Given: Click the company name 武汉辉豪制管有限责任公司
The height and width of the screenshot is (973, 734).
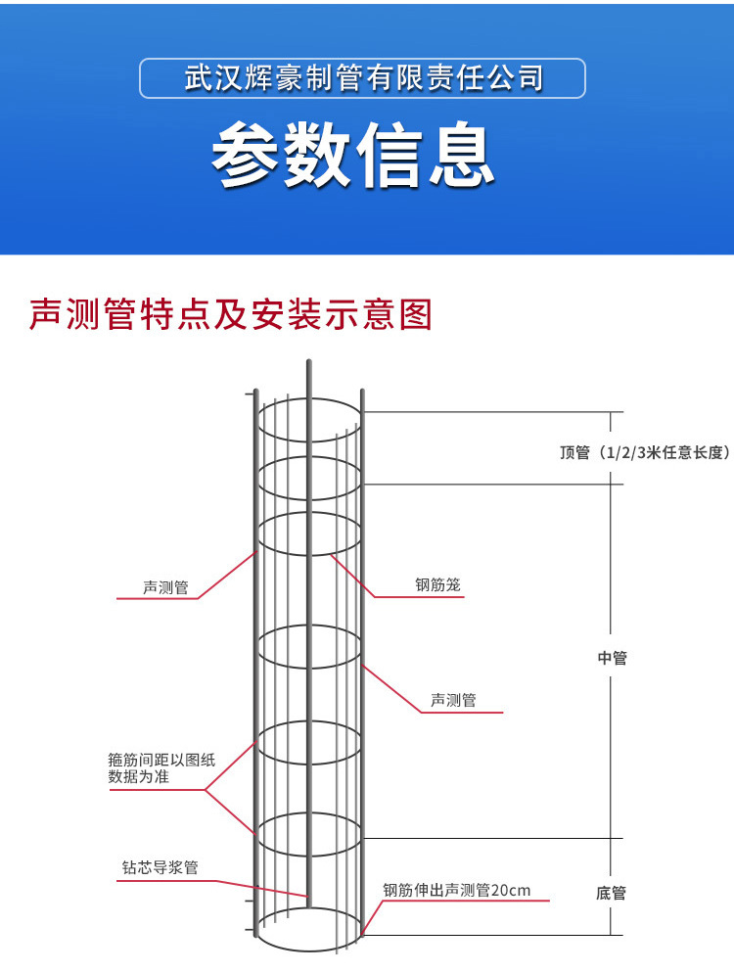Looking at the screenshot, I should click(x=363, y=78).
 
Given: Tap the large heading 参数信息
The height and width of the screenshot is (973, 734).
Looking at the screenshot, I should click(x=353, y=156).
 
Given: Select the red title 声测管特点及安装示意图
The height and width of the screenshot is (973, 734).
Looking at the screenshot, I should click(x=231, y=314).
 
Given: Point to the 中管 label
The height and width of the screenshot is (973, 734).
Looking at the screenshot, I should click(x=612, y=658).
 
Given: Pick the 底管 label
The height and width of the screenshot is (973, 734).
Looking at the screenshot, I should click(x=611, y=893).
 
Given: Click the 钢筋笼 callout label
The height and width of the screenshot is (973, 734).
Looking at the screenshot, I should click(x=437, y=585).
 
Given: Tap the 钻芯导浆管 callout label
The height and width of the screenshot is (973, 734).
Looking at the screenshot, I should click(x=160, y=867).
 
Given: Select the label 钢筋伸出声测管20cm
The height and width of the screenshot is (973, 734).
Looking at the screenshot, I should click(x=456, y=890).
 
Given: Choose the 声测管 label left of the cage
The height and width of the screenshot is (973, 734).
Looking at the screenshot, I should click(x=165, y=587).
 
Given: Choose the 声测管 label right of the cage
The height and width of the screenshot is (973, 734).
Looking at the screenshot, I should click(x=453, y=700).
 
